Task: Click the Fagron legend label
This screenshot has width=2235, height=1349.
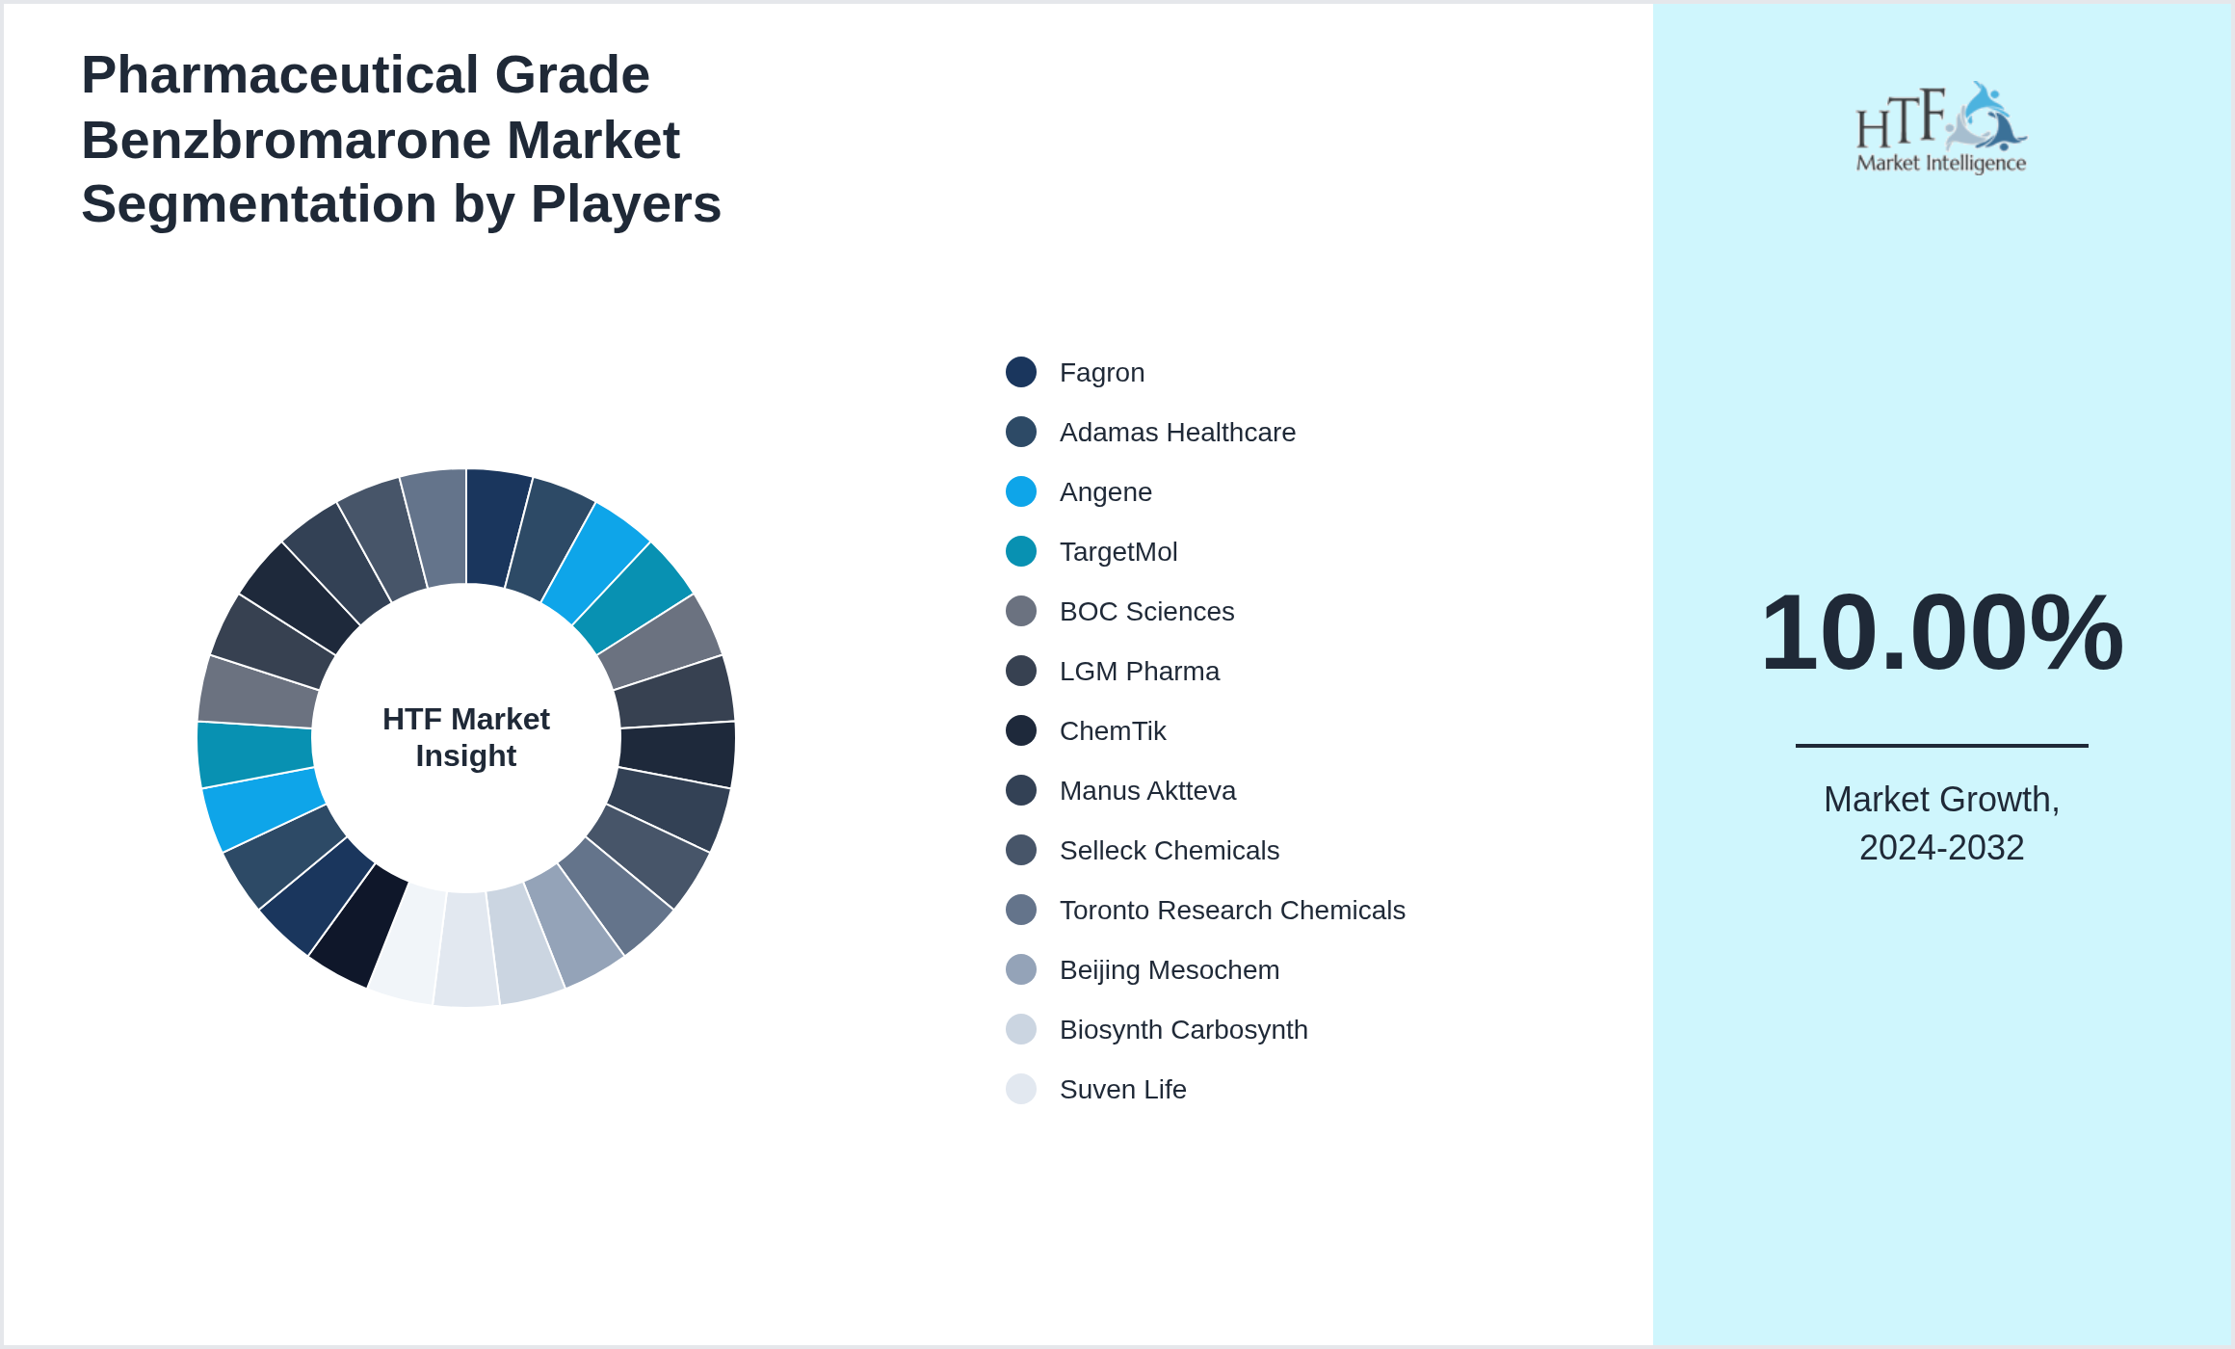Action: (x=1102, y=373)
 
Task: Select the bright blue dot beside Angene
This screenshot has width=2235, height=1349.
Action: (x=1021, y=491)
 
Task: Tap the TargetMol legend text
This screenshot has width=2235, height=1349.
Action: (x=1118, y=552)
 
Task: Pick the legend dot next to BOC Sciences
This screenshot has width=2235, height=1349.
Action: (x=1021, y=611)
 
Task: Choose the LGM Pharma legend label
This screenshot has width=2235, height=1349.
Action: (x=1140, y=672)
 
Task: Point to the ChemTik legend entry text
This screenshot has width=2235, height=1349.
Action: (x=1113, y=731)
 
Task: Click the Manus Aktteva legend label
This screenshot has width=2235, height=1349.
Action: (x=1147, y=791)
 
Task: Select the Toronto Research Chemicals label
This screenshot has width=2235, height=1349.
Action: (x=1232, y=911)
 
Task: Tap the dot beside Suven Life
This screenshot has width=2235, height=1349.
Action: (x=1021, y=1089)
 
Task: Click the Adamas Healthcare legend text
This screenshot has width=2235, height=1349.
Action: (x=1177, y=433)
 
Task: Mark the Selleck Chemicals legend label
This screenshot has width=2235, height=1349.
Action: (x=1170, y=851)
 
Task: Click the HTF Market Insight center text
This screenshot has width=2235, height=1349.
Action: (x=466, y=737)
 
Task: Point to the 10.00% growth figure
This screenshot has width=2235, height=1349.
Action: (x=1941, y=632)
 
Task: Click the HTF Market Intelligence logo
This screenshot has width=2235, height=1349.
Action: (x=1941, y=127)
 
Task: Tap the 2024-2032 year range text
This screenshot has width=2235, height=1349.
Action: (x=1941, y=848)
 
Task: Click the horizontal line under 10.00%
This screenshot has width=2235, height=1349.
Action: (x=1941, y=745)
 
